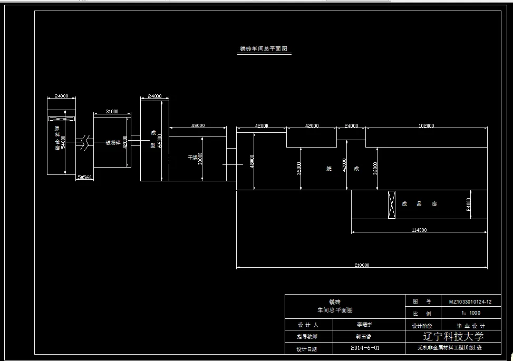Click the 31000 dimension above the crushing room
(112, 111)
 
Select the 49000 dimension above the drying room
(198, 125)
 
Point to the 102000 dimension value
(426, 125)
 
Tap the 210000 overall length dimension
(362, 265)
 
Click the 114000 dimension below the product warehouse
(419, 230)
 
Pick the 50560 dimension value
(85, 178)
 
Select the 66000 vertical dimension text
(160, 141)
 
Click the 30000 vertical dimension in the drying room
(200, 159)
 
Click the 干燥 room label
(192, 157)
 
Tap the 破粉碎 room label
(112, 142)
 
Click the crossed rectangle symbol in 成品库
(391, 204)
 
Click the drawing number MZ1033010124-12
(470, 302)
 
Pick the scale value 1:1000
(470, 313)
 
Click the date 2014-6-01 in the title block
(365, 348)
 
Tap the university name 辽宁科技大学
(453, 336)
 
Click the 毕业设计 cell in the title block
(470, 326)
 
